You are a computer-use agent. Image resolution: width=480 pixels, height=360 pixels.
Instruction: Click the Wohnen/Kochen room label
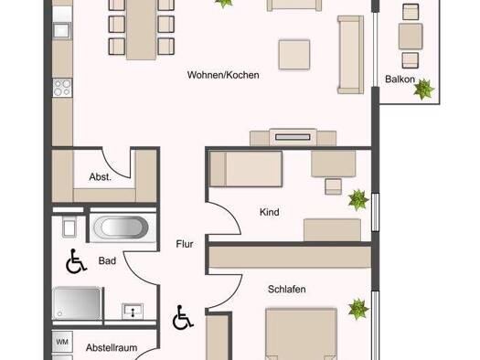click(223, 75)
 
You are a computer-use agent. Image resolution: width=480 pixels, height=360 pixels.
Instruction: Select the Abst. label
click(101, 177)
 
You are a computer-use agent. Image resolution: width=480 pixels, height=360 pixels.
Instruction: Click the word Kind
click(269, 212)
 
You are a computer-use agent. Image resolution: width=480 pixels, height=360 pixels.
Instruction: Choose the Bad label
click(105, 262)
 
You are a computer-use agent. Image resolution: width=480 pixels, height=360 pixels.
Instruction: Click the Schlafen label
click(286, 290)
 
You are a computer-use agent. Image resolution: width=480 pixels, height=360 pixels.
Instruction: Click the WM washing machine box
click(63, 343)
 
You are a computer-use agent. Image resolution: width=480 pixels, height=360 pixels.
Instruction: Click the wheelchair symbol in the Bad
click(73, 263)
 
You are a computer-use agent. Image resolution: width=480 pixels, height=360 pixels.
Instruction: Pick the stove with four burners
click(62, 89)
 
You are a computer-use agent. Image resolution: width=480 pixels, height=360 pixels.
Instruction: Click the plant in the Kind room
click(356, 198)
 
